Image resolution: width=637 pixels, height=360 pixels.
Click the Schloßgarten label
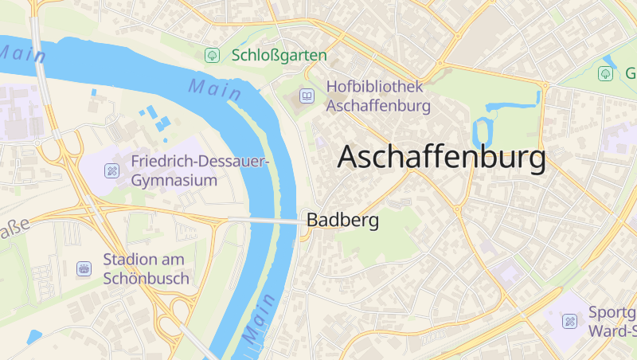(279, 55)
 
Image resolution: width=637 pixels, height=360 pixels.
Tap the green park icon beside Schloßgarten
(212, 55)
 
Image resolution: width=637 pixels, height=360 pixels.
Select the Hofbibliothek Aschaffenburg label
(378, 96)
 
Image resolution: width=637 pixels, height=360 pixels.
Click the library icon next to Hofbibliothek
(307, 96)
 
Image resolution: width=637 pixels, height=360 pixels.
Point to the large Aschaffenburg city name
(442, 157)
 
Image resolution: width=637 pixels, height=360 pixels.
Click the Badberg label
(342, 221)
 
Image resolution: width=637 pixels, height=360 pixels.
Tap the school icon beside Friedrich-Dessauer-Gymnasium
(112, 170)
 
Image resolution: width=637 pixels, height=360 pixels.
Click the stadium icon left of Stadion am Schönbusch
(84, 269)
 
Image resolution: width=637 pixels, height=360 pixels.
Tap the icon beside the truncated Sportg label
(569, 321)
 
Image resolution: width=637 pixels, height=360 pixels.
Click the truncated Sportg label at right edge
(612, 320)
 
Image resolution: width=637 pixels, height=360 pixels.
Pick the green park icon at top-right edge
(606, 73)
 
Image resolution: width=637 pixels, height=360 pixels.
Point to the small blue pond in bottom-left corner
(33, 337)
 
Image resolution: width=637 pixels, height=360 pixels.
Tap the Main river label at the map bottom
(260, 319)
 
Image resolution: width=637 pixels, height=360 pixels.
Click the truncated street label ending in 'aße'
(14, 229)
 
